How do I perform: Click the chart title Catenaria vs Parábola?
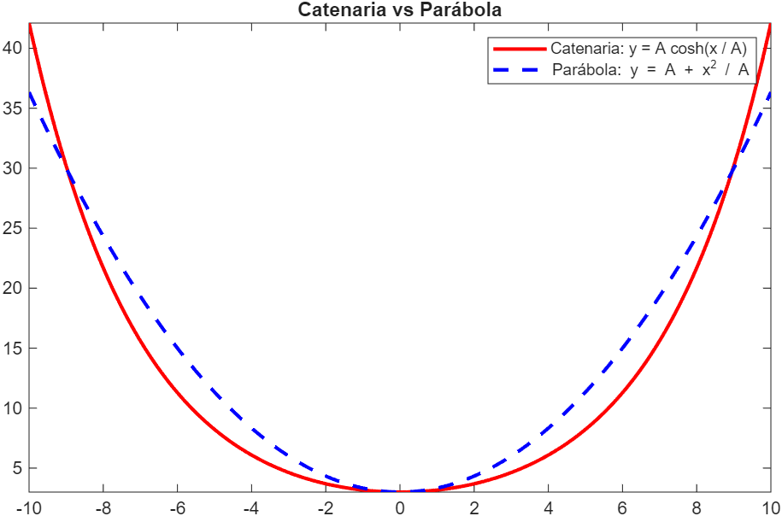398,10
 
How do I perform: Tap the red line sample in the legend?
518,49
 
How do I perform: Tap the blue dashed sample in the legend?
518,71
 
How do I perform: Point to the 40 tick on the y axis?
13,49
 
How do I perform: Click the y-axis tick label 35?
13,108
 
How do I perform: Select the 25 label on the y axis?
13,228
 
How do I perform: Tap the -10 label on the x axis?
29,507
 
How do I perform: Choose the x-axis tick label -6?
177,507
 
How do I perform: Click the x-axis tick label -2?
325,507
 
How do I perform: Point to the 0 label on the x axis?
400,507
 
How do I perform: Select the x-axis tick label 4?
548,507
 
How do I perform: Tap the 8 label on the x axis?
697,507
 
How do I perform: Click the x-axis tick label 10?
769,507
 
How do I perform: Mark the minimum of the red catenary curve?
400,491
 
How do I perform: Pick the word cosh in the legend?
691,48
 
